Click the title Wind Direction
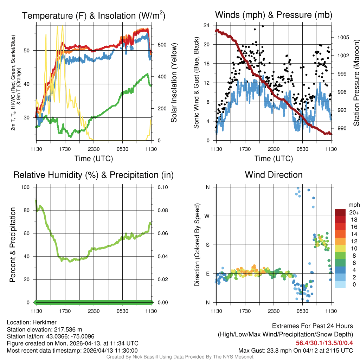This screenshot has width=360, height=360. pyautogui.click(x=274, y=175)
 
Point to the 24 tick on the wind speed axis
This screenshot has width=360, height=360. pyautogui.click(x=207, y=25)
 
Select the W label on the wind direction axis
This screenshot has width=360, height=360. pyautogui.click(x=207, y=216)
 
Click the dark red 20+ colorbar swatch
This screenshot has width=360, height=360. pyautogui.click(x=340, y=212)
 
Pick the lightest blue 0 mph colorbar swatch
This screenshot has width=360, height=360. pyautogui.click(x=340, y=285)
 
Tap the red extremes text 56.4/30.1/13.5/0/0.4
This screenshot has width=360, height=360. pyautogui.click(x=324, y=343)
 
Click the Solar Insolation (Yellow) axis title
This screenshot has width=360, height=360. pyautogui.click(x=174, y=83)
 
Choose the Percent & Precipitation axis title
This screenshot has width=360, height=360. pyautogui.click(x=13, y=245)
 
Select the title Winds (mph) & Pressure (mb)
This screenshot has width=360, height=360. pyautogui.click(x=274, y=15)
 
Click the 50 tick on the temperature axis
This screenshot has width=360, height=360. pyautogui.click(x=30, y=50)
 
